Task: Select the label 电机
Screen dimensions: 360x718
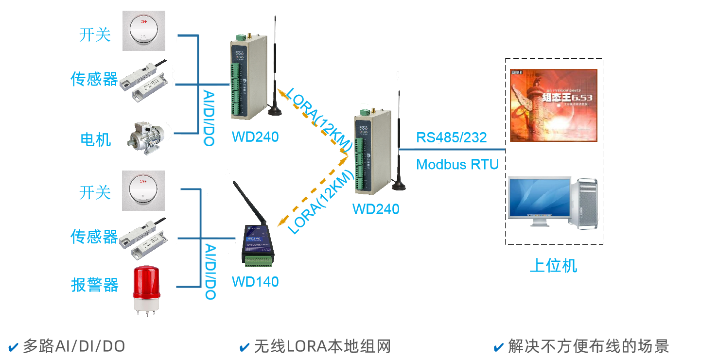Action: tap(95, 139)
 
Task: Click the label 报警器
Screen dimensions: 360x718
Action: tap(95, 285)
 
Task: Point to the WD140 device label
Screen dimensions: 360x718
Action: tap(255, 281)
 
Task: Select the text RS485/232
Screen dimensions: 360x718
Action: tap(451, 138)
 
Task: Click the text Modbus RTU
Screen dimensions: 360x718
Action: tap(457, 164)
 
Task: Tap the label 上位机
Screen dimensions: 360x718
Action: tap(553, 266)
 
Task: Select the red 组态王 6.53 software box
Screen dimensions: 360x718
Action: tap(553, 105)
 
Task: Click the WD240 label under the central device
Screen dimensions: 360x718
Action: tap(376, 209)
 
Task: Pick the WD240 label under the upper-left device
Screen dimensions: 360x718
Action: tap(255, 137)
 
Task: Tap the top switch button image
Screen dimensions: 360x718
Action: tap(143, 30)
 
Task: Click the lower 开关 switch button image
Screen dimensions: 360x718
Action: tap(143, 190)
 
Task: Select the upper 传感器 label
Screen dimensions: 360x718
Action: tap(94, 79)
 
